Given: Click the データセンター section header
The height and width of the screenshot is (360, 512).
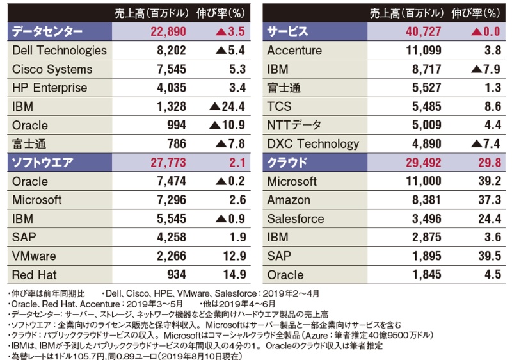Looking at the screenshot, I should (x=48, y=32).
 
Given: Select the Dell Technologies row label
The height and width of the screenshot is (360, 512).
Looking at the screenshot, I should (x=59, y=51).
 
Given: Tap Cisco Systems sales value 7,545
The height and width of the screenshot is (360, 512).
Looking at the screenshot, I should (x=170, y=69).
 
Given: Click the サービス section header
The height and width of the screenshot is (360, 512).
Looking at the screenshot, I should (x=288, y=32).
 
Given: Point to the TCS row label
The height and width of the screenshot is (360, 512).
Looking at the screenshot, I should (x=280, y=106).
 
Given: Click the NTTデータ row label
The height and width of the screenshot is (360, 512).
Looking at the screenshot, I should (x=294, y=125).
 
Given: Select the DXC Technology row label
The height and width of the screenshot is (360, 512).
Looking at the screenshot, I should (x=313, y=144).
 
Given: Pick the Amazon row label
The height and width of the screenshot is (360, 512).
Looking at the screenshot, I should (x=289, y=200).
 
